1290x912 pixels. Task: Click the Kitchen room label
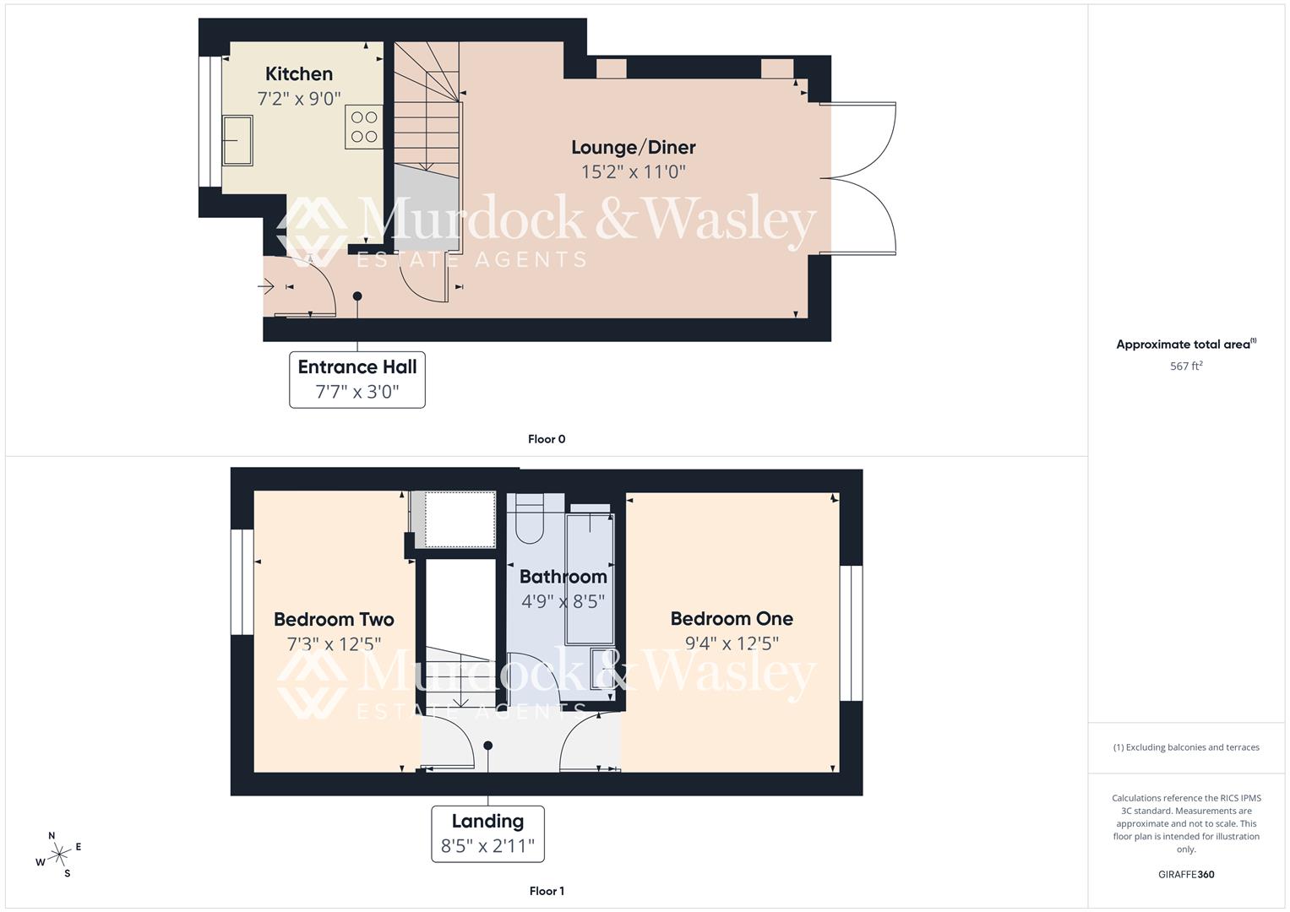298,74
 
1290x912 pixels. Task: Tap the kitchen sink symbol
237,138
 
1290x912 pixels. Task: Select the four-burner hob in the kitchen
364,127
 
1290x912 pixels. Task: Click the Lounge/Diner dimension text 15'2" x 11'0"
633,172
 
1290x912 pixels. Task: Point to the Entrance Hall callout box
357,379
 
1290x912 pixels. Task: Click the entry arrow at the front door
266,288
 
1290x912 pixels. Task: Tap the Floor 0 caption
547,439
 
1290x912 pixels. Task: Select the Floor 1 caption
547,891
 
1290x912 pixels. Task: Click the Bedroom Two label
334,619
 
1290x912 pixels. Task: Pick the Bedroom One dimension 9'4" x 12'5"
732,643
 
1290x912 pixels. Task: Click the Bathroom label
563,577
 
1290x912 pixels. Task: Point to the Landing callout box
487,833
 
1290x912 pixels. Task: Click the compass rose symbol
59,855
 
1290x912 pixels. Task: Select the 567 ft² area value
1186,366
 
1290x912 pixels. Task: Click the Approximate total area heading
1186,345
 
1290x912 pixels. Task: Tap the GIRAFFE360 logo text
1186,875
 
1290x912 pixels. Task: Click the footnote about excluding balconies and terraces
1186,747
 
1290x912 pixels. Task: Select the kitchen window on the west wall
205,121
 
